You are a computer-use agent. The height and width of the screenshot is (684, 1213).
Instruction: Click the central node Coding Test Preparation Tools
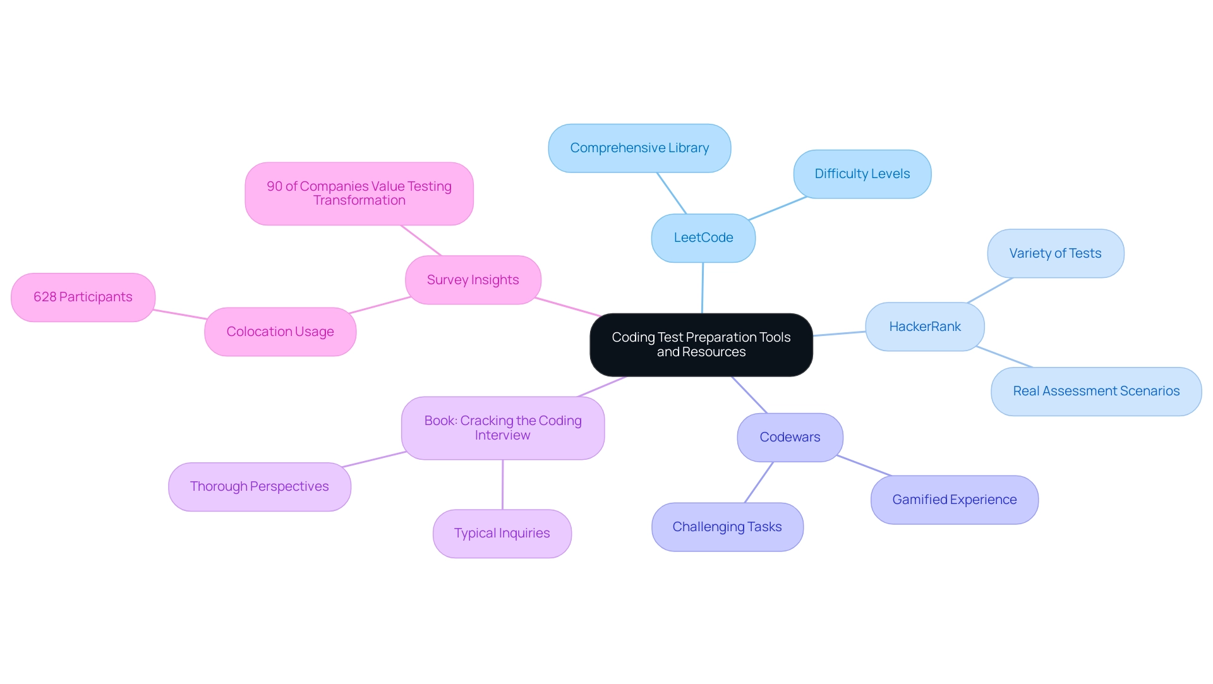[701, 345]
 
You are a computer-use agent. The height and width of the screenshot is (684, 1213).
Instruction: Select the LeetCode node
[703, 238]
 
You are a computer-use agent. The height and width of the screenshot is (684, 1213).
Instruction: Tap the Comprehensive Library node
[639, 148]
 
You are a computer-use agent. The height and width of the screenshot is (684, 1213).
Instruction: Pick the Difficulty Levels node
[862, 174]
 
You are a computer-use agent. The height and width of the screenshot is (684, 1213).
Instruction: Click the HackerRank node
[924, 327]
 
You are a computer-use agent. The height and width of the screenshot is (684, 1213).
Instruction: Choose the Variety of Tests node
[1055, 253]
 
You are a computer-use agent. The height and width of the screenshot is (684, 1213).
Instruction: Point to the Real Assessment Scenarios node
[1095, 392]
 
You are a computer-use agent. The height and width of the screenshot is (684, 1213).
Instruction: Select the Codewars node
[790, 437]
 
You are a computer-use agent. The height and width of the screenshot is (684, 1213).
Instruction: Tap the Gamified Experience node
[954, 500]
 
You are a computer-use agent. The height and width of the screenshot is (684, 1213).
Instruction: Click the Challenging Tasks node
[727, 527]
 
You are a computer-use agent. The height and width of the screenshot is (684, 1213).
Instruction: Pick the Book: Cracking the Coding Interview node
[502, 428]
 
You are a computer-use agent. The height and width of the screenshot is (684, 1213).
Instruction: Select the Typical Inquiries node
[502, 534]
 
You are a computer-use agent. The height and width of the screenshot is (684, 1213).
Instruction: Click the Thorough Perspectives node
[259, 487]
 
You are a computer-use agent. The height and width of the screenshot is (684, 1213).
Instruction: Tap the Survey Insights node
[473, 280]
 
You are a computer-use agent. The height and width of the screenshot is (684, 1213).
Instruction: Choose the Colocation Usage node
[280, 332]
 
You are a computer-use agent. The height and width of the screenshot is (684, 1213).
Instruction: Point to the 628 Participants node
[83, 297]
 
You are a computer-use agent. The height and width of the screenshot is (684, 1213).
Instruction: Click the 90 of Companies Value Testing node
[359, 194]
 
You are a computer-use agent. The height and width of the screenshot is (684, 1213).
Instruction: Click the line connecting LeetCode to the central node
[702, 288]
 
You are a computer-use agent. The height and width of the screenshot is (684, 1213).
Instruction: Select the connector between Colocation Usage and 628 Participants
[180, 315]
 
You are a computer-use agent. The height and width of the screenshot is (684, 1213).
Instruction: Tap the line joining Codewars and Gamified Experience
[864, 465]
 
